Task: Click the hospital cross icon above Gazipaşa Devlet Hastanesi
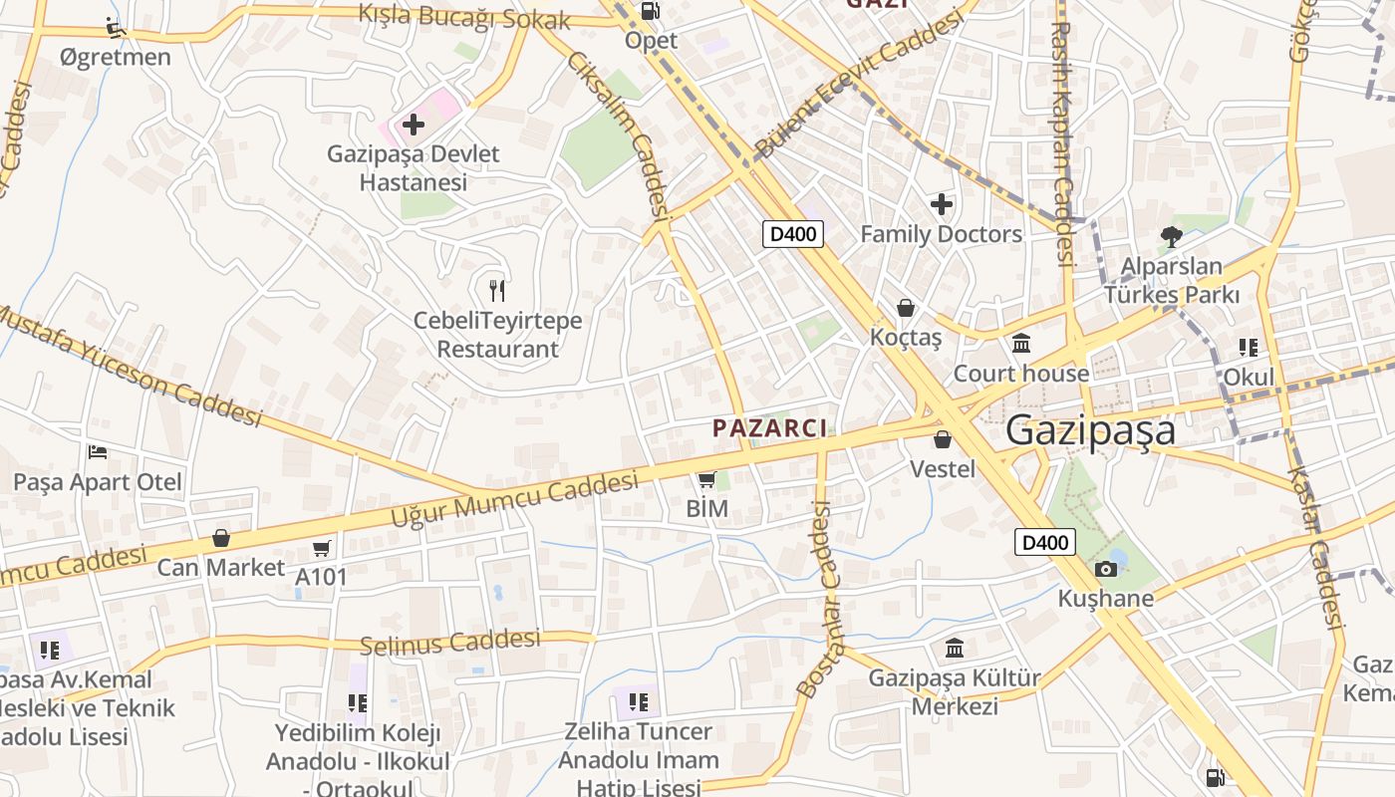click(x=414, y=125)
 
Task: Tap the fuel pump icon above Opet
click(x=651, y=11)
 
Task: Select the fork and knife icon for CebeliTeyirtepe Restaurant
click(x=498, y=291)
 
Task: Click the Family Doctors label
click(x=941, y=234)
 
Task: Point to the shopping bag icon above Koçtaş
click(x=906, y=308)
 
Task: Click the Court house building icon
click(x=1021, y=344)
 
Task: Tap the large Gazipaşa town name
click(x=1090, y=431)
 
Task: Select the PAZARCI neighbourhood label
click(x=770, y=428)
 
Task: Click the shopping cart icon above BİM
click(x=707, y=480)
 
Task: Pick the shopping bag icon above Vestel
click(x=943, y=438)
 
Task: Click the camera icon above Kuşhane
click(x=1105, y=569)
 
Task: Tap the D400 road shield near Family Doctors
click(x=794, y=234)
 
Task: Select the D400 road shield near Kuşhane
click(x=1046, y=542)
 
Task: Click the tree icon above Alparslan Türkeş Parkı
click(x=1172, y=236)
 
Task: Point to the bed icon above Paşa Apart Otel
click(x=98, y=452)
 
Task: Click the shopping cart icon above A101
click(x=322, y=548)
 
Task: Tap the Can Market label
click(x=221, y=567)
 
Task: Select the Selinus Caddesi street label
click(x=450, y=642)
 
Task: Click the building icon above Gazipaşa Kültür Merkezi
click(x=955, y=649)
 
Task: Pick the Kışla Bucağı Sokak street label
click(x=464, y=17)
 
